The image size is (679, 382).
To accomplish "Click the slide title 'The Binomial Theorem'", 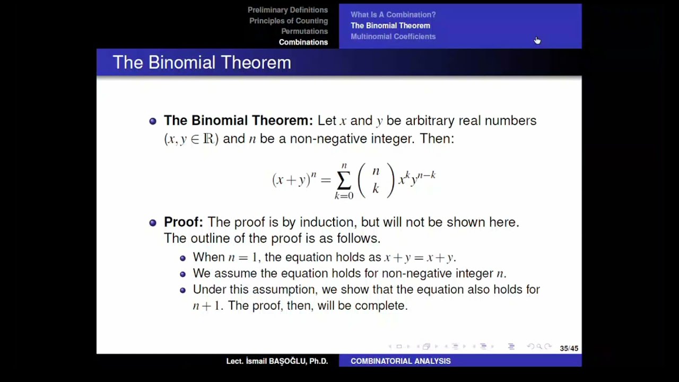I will [202, 63].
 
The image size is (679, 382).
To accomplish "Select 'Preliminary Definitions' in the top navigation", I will [288, 10].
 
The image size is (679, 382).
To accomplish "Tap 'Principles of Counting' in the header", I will [289, 21].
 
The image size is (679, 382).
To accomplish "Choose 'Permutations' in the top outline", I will [304, 31].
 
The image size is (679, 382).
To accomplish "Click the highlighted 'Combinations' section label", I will [303, 42].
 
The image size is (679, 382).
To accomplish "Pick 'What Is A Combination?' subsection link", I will [393, 15].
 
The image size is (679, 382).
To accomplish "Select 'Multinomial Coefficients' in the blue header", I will [393, 37].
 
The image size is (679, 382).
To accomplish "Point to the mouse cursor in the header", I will [537, 40].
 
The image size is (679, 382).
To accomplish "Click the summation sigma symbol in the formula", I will [343, 181].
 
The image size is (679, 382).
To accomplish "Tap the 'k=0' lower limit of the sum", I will [343, 196].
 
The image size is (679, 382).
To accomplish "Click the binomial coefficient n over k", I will [376, 180].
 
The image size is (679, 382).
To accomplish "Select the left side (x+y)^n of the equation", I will [294, 179].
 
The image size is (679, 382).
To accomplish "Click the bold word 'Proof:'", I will [183, 222].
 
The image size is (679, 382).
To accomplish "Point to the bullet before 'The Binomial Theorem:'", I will [153, 121].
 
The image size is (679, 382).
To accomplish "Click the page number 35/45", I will [569, 349].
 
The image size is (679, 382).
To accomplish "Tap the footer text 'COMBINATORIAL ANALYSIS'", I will [400, 361].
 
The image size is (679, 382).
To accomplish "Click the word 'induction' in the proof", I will [329, 222].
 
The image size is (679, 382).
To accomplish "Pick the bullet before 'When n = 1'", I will [182, 258].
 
